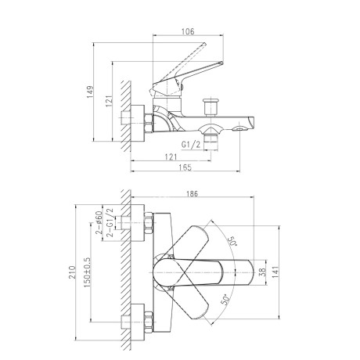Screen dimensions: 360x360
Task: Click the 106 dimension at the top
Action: (188, 31)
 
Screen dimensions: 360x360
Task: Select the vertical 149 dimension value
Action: (90, 92)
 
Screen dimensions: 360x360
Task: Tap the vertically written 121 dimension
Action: (109, 100)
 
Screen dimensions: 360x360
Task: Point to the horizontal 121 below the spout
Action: (171, 157)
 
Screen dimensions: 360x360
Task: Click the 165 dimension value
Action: (185, 167)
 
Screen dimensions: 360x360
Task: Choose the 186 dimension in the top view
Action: (192, 193)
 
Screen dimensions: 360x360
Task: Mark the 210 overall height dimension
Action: (72, 272)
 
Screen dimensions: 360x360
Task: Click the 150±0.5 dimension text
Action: (87, 272)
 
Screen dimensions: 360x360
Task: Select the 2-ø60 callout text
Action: (99, 222)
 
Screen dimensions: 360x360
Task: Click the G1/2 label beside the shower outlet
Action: (191, 144)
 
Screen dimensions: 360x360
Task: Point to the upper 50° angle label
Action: (233, 241)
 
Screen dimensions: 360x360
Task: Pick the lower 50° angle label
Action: (225, 300)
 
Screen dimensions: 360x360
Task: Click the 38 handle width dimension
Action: (263, 272)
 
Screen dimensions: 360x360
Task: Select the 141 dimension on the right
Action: (275, 272)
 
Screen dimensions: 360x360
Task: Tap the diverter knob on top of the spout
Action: (211, 107)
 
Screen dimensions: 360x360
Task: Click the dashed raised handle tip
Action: (204, 45)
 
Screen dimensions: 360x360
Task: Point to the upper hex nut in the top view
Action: (148, 222)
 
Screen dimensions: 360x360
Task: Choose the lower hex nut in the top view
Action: (148, 322)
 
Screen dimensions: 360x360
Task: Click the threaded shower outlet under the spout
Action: (211, 142)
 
